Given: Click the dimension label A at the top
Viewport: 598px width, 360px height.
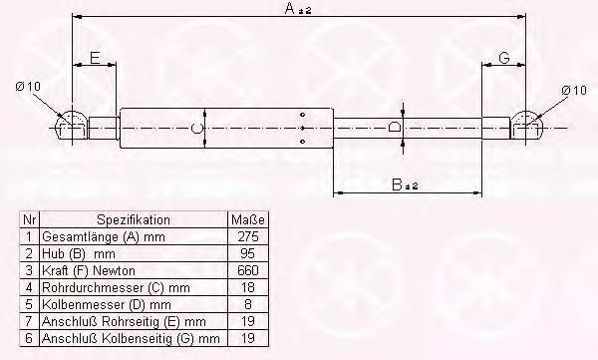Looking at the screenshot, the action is tap(297, 8).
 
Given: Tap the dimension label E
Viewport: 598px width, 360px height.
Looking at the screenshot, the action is tap(95, 58).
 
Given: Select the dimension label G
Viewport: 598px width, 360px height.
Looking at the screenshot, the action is tap(504, 58).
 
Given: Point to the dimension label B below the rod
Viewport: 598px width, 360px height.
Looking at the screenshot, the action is tap(405, 184).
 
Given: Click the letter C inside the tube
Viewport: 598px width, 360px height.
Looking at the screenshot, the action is tap(196, 129).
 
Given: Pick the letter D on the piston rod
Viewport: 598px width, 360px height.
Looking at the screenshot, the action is tap(395, 127).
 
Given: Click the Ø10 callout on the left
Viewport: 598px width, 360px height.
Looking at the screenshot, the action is tap(28, 87).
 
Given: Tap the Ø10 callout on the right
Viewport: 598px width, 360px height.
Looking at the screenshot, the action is tap(574, 91).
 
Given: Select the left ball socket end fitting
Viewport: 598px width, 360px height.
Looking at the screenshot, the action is tap(72, 126).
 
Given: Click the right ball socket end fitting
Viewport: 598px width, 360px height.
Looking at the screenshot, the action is tap(526, 126).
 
